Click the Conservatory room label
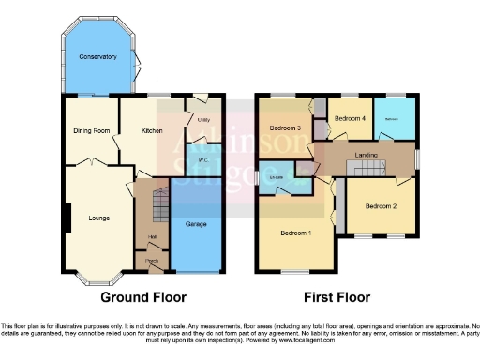coord(98,57)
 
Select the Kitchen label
coord(153,130)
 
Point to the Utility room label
coord(202,121)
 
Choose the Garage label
coord(196,225)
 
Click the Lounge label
coord(98,218)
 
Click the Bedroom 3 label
coord(284,127)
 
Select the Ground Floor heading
coord(143,297)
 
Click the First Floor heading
coord(337,297)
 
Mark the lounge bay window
coord(97,277)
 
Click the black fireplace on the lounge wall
coord(67,218)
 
